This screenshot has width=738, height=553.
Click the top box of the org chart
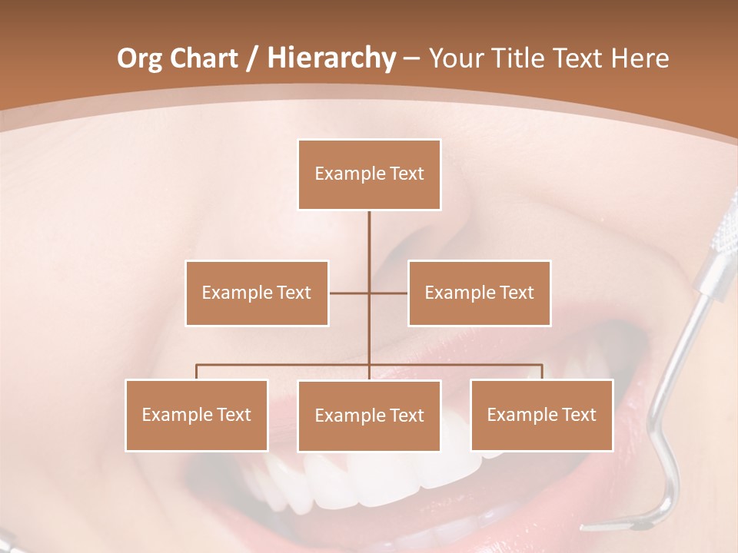click(x=369, y=174)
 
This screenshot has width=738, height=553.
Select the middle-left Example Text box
click(x=257, y=293)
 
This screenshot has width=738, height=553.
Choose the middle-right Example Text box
click(x=479, y=293)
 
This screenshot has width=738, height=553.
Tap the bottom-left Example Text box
click(x=197, y=415)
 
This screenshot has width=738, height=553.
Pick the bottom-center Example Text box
click(x=369, y=416)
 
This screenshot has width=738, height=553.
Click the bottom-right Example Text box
click(x=541, y=415)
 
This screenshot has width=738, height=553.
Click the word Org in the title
click(x=139, y=58)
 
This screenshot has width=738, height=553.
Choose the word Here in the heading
click(x=641, y=58)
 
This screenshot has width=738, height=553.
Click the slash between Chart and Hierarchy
click(x=251, y=58)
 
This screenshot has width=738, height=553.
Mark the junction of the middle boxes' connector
click(x=369, y=293)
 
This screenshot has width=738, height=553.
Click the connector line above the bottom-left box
click(x=197, y=372)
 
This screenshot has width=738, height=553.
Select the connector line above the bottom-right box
click(x=542, y=372)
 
